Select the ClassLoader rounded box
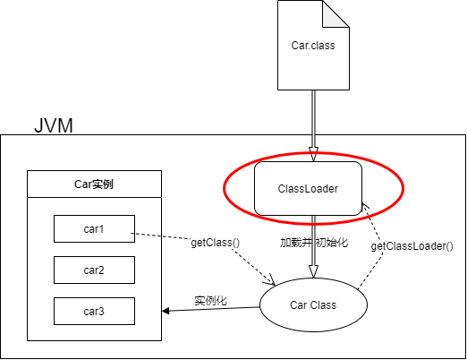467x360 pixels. point(308,188)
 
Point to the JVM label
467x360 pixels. point(53,124)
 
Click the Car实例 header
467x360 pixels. point(94,185)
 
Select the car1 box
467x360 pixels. point(94,228)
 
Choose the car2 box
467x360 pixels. point(94,270)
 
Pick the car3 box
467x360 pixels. point(94,311)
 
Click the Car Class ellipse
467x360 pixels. point(313,305)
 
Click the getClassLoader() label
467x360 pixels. point(412,245)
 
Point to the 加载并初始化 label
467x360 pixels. point(313,243)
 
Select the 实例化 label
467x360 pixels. point(210,300)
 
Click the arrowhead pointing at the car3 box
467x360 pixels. point(166,312)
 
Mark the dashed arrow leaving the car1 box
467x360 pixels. point(161,236)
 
